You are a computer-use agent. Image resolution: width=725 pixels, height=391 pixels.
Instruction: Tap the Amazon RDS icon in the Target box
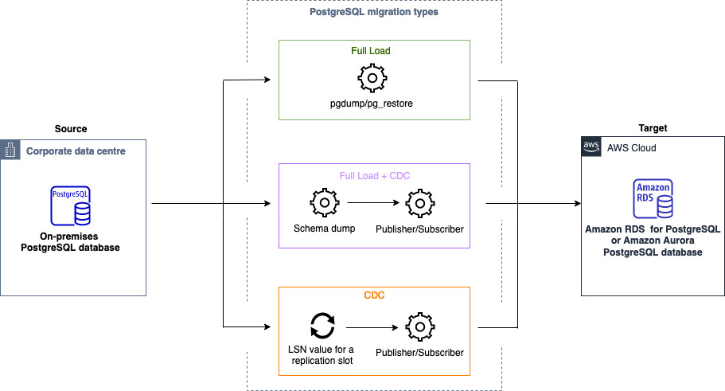point(653,200)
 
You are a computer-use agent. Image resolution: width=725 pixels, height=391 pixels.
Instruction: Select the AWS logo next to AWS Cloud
point(591,148)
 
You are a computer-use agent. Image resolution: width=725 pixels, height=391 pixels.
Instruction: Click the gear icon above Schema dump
point(324,204)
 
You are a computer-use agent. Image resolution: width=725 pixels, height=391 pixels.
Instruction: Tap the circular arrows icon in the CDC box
point(323,326)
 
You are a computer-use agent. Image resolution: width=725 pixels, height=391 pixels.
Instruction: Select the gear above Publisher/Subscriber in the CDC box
point(419,326)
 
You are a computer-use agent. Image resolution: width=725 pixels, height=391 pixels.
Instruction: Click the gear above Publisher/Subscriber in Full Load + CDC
point(419,204)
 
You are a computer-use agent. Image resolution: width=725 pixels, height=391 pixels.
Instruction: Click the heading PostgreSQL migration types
point(374,12)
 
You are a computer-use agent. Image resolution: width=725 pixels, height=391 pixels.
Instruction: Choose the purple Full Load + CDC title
point(374,174)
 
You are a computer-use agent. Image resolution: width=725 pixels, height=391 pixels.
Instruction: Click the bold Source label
point(71,128)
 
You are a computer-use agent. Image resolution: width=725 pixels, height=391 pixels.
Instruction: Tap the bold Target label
point(653,127)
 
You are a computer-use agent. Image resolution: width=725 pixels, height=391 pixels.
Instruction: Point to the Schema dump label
point(324,229)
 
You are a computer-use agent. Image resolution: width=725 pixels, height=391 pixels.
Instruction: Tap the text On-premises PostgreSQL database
point(72,241)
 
